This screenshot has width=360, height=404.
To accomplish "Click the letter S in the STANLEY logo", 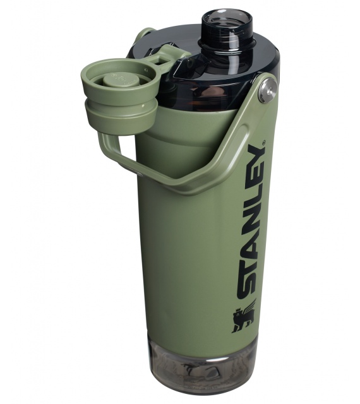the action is (248, 285).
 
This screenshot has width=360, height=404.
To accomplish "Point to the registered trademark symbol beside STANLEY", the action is (263, 142).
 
